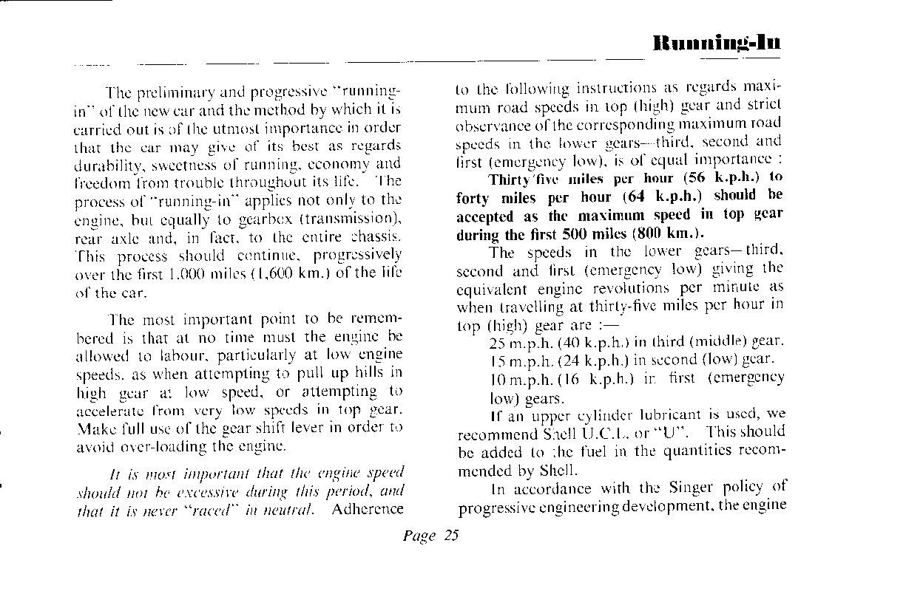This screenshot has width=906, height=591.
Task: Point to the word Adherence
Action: click(368, 509)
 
